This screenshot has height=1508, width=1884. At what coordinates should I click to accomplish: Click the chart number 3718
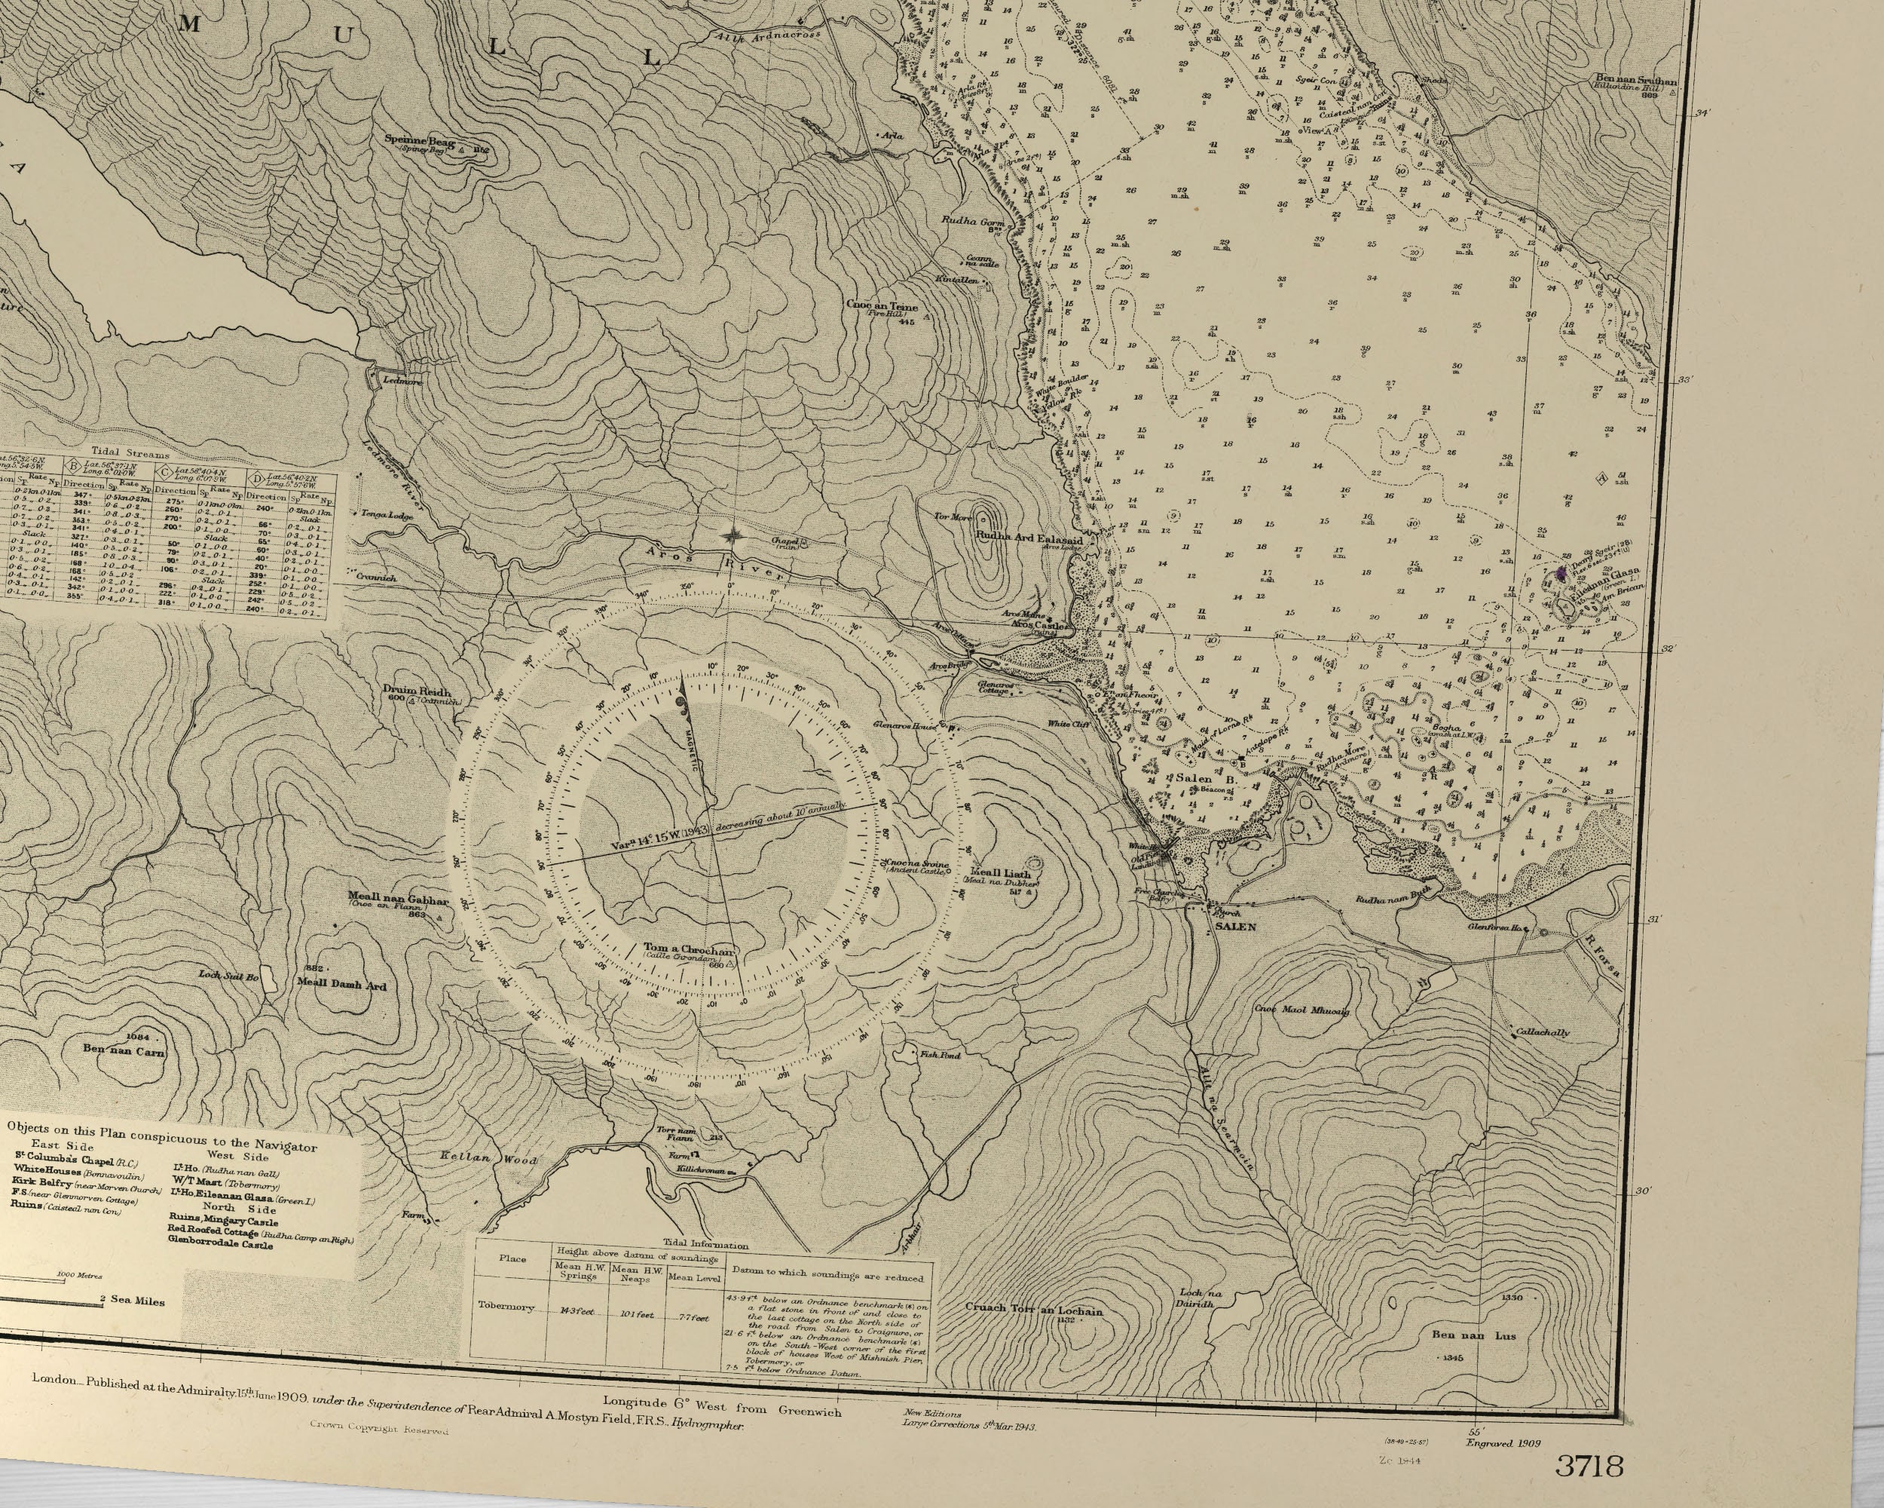point(1589,1465)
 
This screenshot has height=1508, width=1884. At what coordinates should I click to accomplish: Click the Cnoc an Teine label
point(881,307)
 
